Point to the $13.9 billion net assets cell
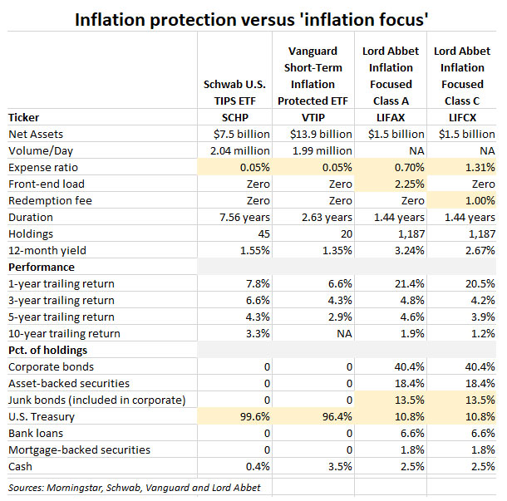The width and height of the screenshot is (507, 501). [x=313, y=134]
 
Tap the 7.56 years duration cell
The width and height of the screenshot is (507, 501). [x=240, y=217]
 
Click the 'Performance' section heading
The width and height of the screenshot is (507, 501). [x=42, y=267]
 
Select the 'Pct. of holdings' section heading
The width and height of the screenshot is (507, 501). [x=49, y=350]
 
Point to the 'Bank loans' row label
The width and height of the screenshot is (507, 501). [x=38, y=433]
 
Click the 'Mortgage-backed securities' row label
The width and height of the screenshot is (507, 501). [x=79, y=449]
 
